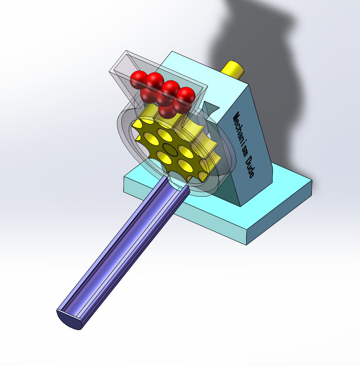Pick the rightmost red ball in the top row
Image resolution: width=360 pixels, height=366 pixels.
[186, 95]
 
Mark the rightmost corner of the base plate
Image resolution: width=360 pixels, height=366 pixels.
[312, 181]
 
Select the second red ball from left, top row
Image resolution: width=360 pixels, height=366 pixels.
[155, 81]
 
